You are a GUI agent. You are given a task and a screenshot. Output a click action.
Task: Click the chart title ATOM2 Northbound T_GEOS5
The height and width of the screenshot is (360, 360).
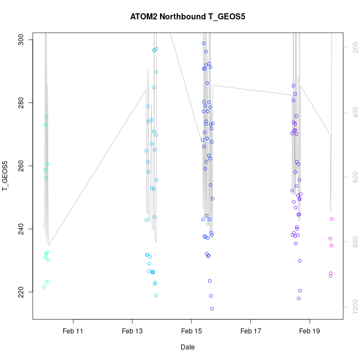pos(187,17)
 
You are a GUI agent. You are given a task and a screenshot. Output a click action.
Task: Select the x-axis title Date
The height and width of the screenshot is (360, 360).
pos(187,347)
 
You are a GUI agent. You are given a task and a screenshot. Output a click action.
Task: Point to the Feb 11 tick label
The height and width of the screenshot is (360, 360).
pos(73,331)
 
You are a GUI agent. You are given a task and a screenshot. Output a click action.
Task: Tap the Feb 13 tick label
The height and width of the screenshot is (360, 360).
pos(132,331)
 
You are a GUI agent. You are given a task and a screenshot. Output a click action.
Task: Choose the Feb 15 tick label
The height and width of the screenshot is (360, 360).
pos(191,331)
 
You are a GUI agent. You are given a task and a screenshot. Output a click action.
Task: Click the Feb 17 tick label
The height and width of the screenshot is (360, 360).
pos(250,331)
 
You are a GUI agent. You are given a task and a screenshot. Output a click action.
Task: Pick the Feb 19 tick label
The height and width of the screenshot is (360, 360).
pos(309,331)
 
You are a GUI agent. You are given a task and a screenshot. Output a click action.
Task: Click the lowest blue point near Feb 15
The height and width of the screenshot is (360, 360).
pos(212,308)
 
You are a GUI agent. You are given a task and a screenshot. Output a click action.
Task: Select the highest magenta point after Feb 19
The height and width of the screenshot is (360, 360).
pos(332,219)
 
